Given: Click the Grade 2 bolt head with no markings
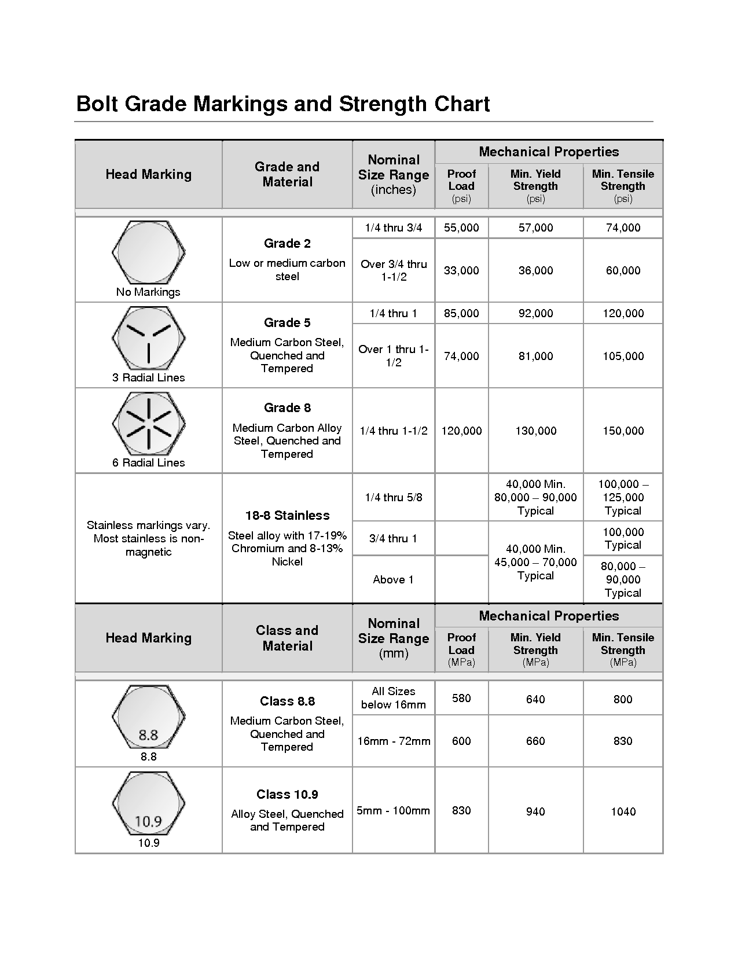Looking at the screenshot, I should point(148,252).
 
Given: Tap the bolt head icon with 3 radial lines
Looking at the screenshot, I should point(148,338).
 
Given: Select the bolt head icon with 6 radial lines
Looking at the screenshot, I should point(148,423).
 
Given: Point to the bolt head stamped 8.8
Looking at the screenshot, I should point(148,718).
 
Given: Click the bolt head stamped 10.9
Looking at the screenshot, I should point(148,803).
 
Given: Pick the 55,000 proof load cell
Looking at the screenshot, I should point(461,228).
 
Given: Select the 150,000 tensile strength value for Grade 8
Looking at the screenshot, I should point(623,431).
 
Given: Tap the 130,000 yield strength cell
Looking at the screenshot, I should point(535,431).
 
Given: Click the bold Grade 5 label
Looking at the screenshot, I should point(287,323).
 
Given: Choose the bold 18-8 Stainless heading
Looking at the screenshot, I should point(287,516).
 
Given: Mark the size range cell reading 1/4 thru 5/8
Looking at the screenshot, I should point(393,498).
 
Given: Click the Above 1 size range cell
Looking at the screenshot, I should point(393,580).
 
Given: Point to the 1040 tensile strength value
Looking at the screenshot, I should point(623,812).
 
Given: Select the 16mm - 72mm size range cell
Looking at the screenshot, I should point(394,741).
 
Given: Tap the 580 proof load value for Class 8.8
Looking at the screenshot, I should point(461,699).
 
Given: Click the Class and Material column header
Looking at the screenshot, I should point(287,638).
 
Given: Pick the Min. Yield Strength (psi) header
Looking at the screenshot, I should point(535,186).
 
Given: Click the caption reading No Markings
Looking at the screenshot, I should point(148,292).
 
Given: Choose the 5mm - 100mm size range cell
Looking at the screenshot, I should point(393,811).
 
